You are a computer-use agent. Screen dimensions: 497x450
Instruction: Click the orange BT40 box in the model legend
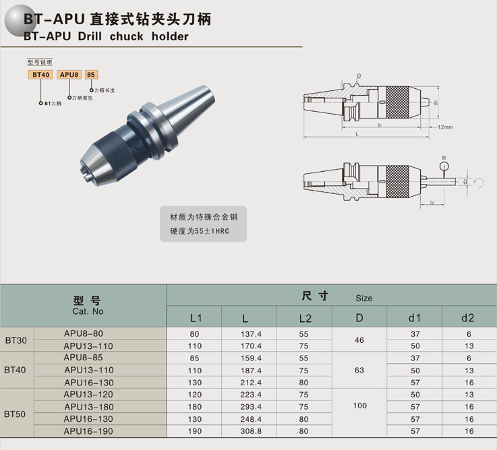click(x=40, y=75)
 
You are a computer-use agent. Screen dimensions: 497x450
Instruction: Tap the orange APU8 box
click(x=69, y=75)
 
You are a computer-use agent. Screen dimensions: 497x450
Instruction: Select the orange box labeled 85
click(x=91, y=75)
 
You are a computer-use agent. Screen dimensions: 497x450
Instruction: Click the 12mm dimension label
click(x=445, y=127)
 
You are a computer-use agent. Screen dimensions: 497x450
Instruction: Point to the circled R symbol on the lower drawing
click(x=444, y=166)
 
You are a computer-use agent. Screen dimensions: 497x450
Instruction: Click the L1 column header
click(x=196, y=318)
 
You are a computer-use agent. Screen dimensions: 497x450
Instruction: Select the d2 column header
click(x=467, y=318)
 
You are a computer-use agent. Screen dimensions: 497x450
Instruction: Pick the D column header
click(x=359, y=318)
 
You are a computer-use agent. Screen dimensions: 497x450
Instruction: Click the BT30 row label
click(x=16, y=340)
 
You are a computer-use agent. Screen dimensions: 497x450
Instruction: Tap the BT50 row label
click(x=15, y=414)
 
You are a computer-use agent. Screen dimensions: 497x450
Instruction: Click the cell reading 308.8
click(x=251, y=431)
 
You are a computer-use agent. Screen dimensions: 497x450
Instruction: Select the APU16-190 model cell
click(x=88, y=431)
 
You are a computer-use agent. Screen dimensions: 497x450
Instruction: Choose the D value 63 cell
click(x=359, y=371)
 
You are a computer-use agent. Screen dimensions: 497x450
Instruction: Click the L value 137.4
click(x=251, y=334)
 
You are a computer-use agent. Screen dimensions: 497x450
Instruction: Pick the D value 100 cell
click(x=359, y=406)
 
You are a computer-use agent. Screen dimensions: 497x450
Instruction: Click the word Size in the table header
click(x=364, y=298)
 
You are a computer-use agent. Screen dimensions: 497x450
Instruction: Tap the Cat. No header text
click(x=88, y=311)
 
